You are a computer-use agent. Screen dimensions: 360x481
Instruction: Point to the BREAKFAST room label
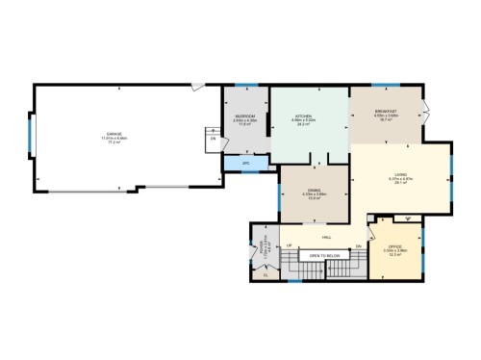[x=387, y=113]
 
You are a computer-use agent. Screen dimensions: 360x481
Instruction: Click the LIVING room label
[x=399, y=174]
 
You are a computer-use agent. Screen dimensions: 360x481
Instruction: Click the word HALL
[x=327, y=236]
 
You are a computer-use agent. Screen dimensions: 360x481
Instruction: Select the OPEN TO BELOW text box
[x=324, y=255]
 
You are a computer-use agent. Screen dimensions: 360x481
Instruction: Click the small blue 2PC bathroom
[x=245, y=164]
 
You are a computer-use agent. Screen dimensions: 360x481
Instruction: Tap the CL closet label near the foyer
[x=266, y=275]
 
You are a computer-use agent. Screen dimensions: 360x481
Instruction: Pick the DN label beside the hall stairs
[x=358, y=247]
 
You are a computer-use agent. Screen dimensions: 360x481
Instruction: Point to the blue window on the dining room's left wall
[x=280, y=192]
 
